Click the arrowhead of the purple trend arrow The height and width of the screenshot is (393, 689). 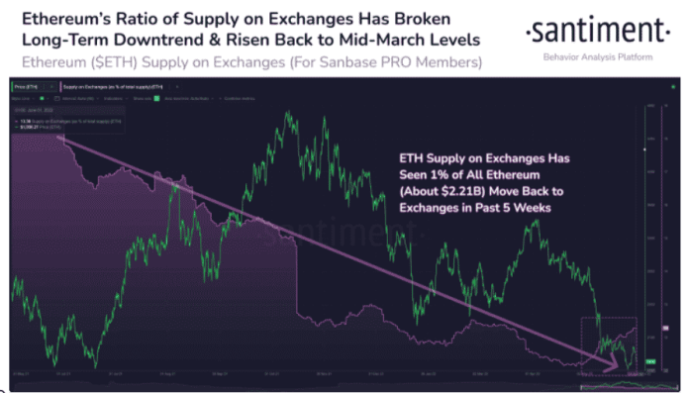pyautogui.click(x=616, y=367)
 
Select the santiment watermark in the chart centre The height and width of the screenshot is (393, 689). pyautogui.click(x=327, y=235)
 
